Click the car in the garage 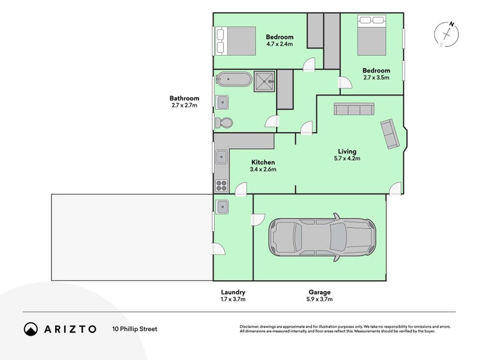(x=323, y=238)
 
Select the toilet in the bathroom (x=224, y=122)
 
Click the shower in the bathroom (x=264, y=80)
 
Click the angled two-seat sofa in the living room (x=389, y=134)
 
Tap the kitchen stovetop (x=221, y=184)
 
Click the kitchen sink (x=221, y=158)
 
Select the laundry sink (x=221, y=206)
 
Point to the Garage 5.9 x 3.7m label (x=319, y=295)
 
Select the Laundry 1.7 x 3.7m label (x=234, y=295)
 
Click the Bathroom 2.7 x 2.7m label (x=184, y=101)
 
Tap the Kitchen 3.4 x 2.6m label (x=263, y=166)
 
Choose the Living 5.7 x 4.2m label (x=347, y=155)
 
